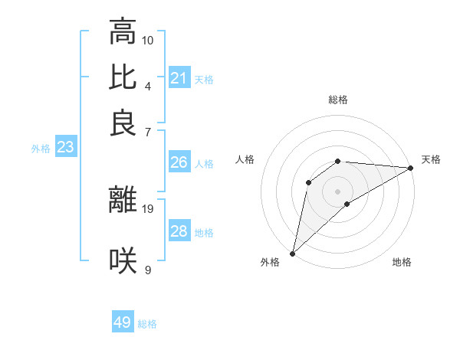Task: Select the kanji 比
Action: [123, 77]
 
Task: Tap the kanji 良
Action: [123, 123]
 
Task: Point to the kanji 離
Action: [123, 199]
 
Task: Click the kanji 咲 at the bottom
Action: [123, 261]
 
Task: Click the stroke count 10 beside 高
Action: [148, 40]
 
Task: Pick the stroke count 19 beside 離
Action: [148, 208]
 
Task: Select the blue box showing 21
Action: [179, 78]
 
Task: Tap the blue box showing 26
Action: [179, 163]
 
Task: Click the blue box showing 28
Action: [179, 231]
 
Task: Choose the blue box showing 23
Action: [65, 148]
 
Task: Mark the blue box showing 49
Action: [123, 322]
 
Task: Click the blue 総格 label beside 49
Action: [147, 324]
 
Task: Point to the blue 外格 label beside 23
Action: [41, 149]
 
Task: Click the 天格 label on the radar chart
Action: [431, 159]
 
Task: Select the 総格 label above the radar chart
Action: [338, 100]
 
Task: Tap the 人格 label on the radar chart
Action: [245, 159]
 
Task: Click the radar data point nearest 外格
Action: [292, 254]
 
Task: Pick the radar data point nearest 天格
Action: [411, 168]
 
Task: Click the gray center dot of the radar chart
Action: [338, 191]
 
